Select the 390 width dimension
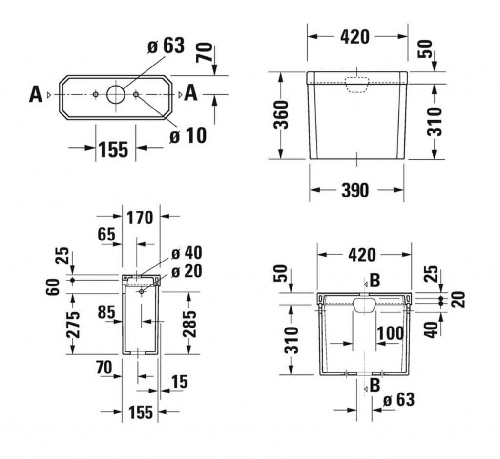click(x=355, y=190)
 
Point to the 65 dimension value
click(x=106, y=234)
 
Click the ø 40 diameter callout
click(x=186, y=253)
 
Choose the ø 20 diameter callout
click(x=186, y=271)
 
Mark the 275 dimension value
click(x=73, y=324)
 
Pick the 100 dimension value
click(x=390, y=333)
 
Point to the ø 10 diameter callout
click(x=188, y=135)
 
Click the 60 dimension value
click(x=55, y=285)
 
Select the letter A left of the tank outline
click(x=36, y=94)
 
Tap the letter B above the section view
click(x=375, y=281)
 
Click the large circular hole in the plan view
click(x=116, y=94)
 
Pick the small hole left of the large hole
click(x=96, y=94)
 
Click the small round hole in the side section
click(x=141, y=291)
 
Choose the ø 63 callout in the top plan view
click(x=166, y=45)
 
